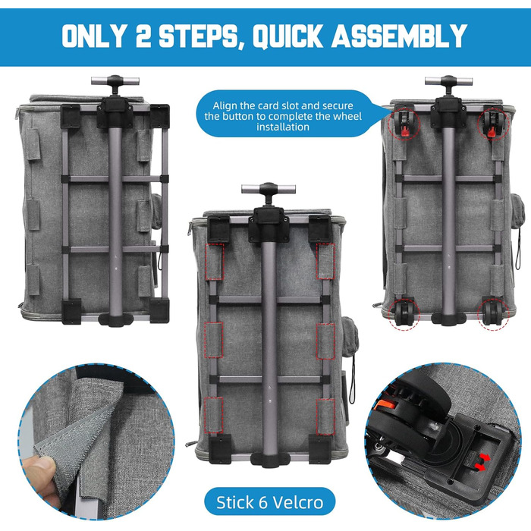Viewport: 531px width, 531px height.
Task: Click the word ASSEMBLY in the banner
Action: (x=399, y=36)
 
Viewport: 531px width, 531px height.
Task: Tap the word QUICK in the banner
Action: (x=287, y=36)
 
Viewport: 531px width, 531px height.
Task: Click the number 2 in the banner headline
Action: (x=143, y=36)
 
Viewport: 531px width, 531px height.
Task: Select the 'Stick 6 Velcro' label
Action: (x=269, y=502)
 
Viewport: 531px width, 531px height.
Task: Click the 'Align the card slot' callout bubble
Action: (x=283, y=116)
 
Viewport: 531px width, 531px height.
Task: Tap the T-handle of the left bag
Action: (x=115, y=82)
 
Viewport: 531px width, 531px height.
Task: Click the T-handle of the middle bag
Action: (x=269, y=190)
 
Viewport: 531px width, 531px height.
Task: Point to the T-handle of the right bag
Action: (x=449, y=82)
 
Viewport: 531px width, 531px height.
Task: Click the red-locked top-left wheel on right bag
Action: (x=404, y=124)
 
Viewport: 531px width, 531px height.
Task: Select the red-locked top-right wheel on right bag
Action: (x=493, y=124)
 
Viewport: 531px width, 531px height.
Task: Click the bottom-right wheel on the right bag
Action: (x=492, y=313)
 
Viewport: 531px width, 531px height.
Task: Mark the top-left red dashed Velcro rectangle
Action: (x=215, y=261)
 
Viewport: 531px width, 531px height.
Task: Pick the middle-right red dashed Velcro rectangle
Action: (x=325, y=341)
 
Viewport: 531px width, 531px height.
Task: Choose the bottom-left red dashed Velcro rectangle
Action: (x=214, y=416)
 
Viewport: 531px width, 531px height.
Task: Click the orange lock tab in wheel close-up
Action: (x=383, y=404)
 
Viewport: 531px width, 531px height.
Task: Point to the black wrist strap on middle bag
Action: (x=353, y=379)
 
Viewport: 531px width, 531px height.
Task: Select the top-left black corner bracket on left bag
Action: (x=70, y=116)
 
